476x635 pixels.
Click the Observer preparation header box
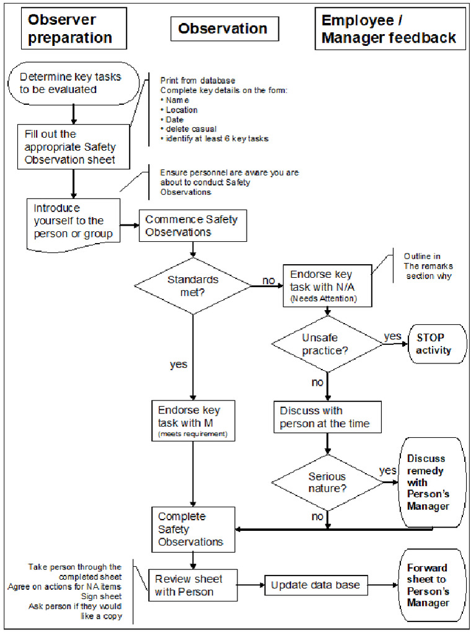pyautogui.click(x=74, y=29)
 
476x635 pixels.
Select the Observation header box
pyautogui.click(x=224, y=29)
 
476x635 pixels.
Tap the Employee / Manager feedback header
pyautogui.click(x=389, y=29)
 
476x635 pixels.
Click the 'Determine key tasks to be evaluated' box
pyautogui.click(x=73, y=83)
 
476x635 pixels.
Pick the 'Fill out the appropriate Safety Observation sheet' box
pyautogui.click(x=74, y=146)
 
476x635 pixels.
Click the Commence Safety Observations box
pyautogui.click(x=192, y=226)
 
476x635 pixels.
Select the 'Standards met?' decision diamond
pyautogui.click(x=193, y=286)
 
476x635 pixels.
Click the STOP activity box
pyautogui.click(x=435, y=344)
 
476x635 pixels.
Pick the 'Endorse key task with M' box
pyautogui.click(x=193, y=422)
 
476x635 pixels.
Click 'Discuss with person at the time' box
pyautogui.click(x=327, y=417)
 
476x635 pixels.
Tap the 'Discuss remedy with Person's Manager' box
pyautogui.click(x=431, y=482)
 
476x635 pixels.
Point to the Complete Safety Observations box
pyautogui.click(x=193, y=529)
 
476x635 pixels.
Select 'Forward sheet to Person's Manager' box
pyautogui.click(x=431, y=585)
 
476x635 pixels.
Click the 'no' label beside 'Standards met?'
pyautogui.click(x=268, y=281)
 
